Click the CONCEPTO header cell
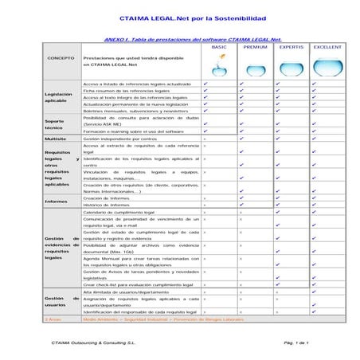tap(61, 59)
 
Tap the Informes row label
tap(57, 202)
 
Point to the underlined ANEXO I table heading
tap(194, 38)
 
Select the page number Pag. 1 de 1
tap(295, 342)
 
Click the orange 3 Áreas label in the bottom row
tap(54, 318)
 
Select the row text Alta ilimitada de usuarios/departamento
tap(130, 292)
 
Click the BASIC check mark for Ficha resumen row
tap(205, 92)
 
